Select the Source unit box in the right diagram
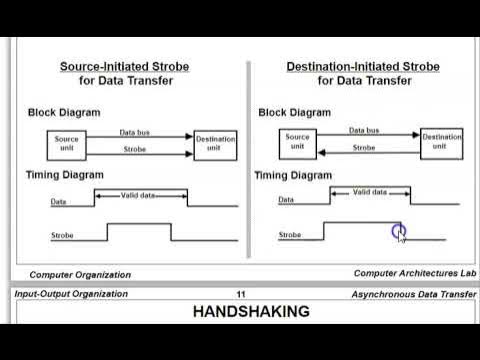tap(298, 142)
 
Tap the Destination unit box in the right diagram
tap(441, 142)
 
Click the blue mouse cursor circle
tap(398, 232)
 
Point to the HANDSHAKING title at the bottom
tap(250, 312)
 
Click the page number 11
tap(241, 294)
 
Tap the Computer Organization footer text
tap(80, 274)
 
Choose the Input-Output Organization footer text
tap(71, 294)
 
